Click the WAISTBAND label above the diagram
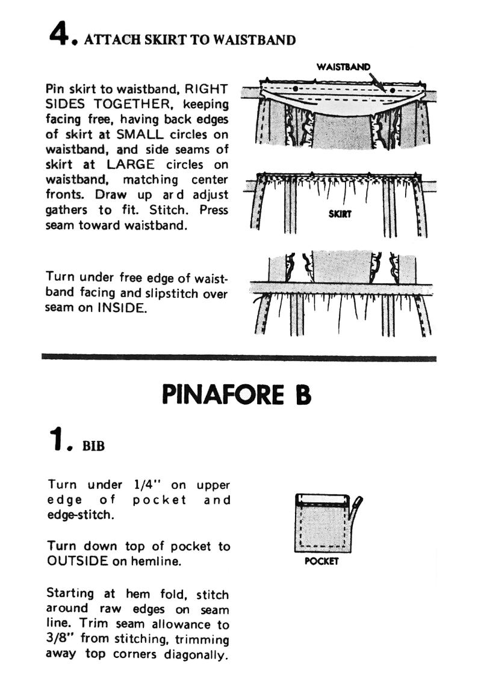(x=343, y=67)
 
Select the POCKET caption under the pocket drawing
(x=321, y=561)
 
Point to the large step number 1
(x=58, y=441)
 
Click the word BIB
(x=94, y=447)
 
